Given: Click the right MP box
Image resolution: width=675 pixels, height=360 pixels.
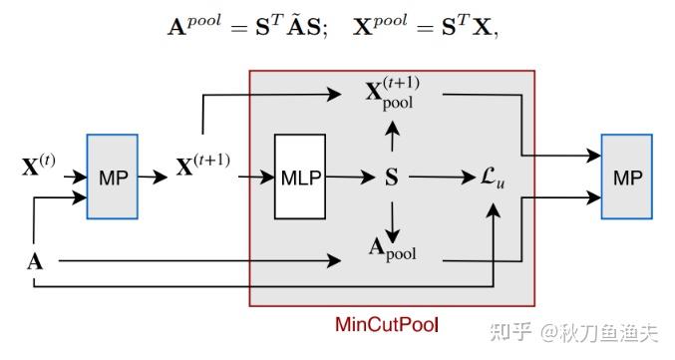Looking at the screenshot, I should click(x=628, y=178).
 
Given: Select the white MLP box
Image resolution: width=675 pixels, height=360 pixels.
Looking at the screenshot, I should click(x=300, y=178).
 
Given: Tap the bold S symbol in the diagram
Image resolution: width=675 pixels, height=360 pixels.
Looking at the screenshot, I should click(x=392, y=179).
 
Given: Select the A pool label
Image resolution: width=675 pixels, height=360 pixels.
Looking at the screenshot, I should click(x=393, y=250).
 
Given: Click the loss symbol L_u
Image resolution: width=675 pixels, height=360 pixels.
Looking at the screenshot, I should click(x=493, y=179).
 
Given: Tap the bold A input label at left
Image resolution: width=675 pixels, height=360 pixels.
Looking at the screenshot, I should click(x=33, y=263).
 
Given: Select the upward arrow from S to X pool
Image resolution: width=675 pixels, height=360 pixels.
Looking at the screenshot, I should click(x=392, y=138).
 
